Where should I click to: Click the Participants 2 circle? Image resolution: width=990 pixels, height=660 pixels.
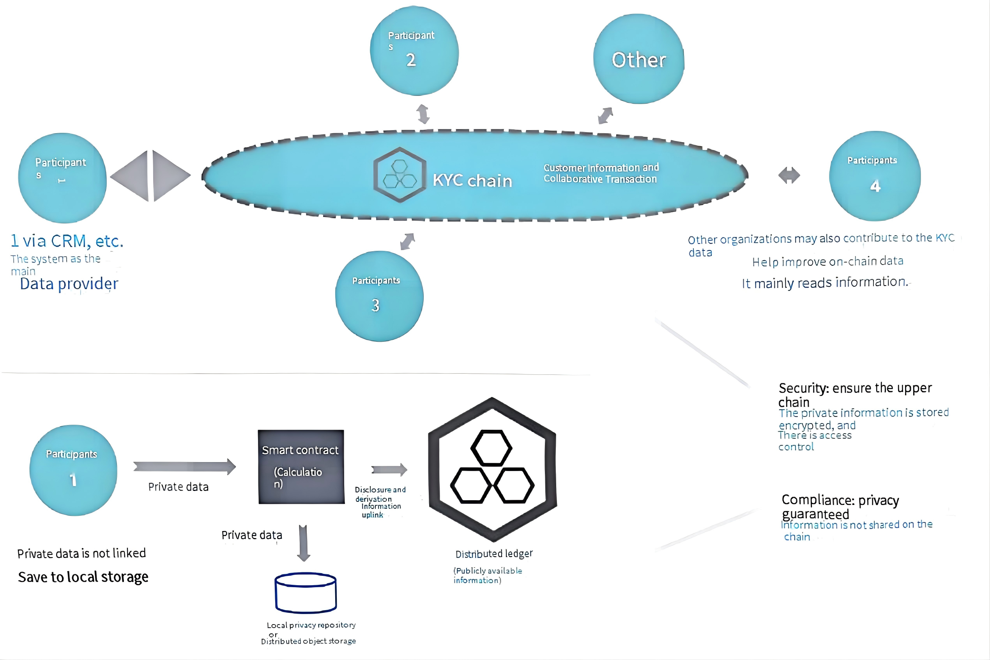pos(414,51)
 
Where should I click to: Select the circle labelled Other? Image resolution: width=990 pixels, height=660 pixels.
pos(638,59)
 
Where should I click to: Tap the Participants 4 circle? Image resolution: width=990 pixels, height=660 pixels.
pos(875,176)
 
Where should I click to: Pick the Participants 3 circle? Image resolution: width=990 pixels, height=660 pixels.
pos(379,296)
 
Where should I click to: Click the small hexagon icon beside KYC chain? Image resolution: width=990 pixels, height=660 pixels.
pos(400,175)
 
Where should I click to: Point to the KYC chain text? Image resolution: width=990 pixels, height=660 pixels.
pos(472,180)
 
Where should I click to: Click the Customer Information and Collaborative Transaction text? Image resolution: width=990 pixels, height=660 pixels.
pos(601,173)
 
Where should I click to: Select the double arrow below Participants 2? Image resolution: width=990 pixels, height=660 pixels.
pos(423,114)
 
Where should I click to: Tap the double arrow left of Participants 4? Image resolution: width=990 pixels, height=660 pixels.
pos(789,175)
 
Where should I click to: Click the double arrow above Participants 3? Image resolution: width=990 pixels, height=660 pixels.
pos(407,242)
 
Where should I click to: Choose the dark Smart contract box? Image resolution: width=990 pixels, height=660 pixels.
pos(301,466)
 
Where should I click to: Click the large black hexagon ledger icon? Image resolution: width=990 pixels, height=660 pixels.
pos(492,469)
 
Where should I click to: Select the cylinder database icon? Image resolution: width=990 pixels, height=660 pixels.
pos(305,592)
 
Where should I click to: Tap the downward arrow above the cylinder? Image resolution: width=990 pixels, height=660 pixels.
pos(303,543)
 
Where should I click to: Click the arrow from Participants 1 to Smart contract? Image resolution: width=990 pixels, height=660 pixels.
pos(184,466)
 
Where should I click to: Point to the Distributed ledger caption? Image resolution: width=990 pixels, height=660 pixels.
pos(493,554)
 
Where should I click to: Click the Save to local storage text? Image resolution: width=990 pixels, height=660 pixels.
pos(83,577)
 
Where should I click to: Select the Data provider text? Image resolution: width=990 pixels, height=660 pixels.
pos(69,284)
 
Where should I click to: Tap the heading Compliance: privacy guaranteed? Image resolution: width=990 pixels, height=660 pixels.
pos(840,507)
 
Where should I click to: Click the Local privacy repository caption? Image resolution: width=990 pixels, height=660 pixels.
pos(311,625)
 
